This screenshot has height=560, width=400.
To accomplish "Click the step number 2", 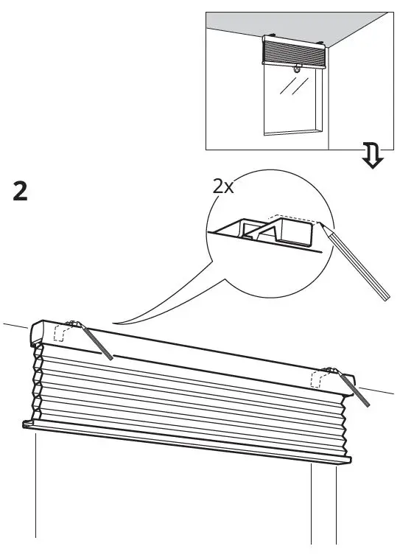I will (21, 192).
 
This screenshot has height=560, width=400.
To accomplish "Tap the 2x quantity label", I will (223, 186).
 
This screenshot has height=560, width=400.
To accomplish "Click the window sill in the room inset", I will (293, 133).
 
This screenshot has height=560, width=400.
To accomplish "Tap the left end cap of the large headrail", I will (36, 335).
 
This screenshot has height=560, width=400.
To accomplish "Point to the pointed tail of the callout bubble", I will (118, 323).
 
